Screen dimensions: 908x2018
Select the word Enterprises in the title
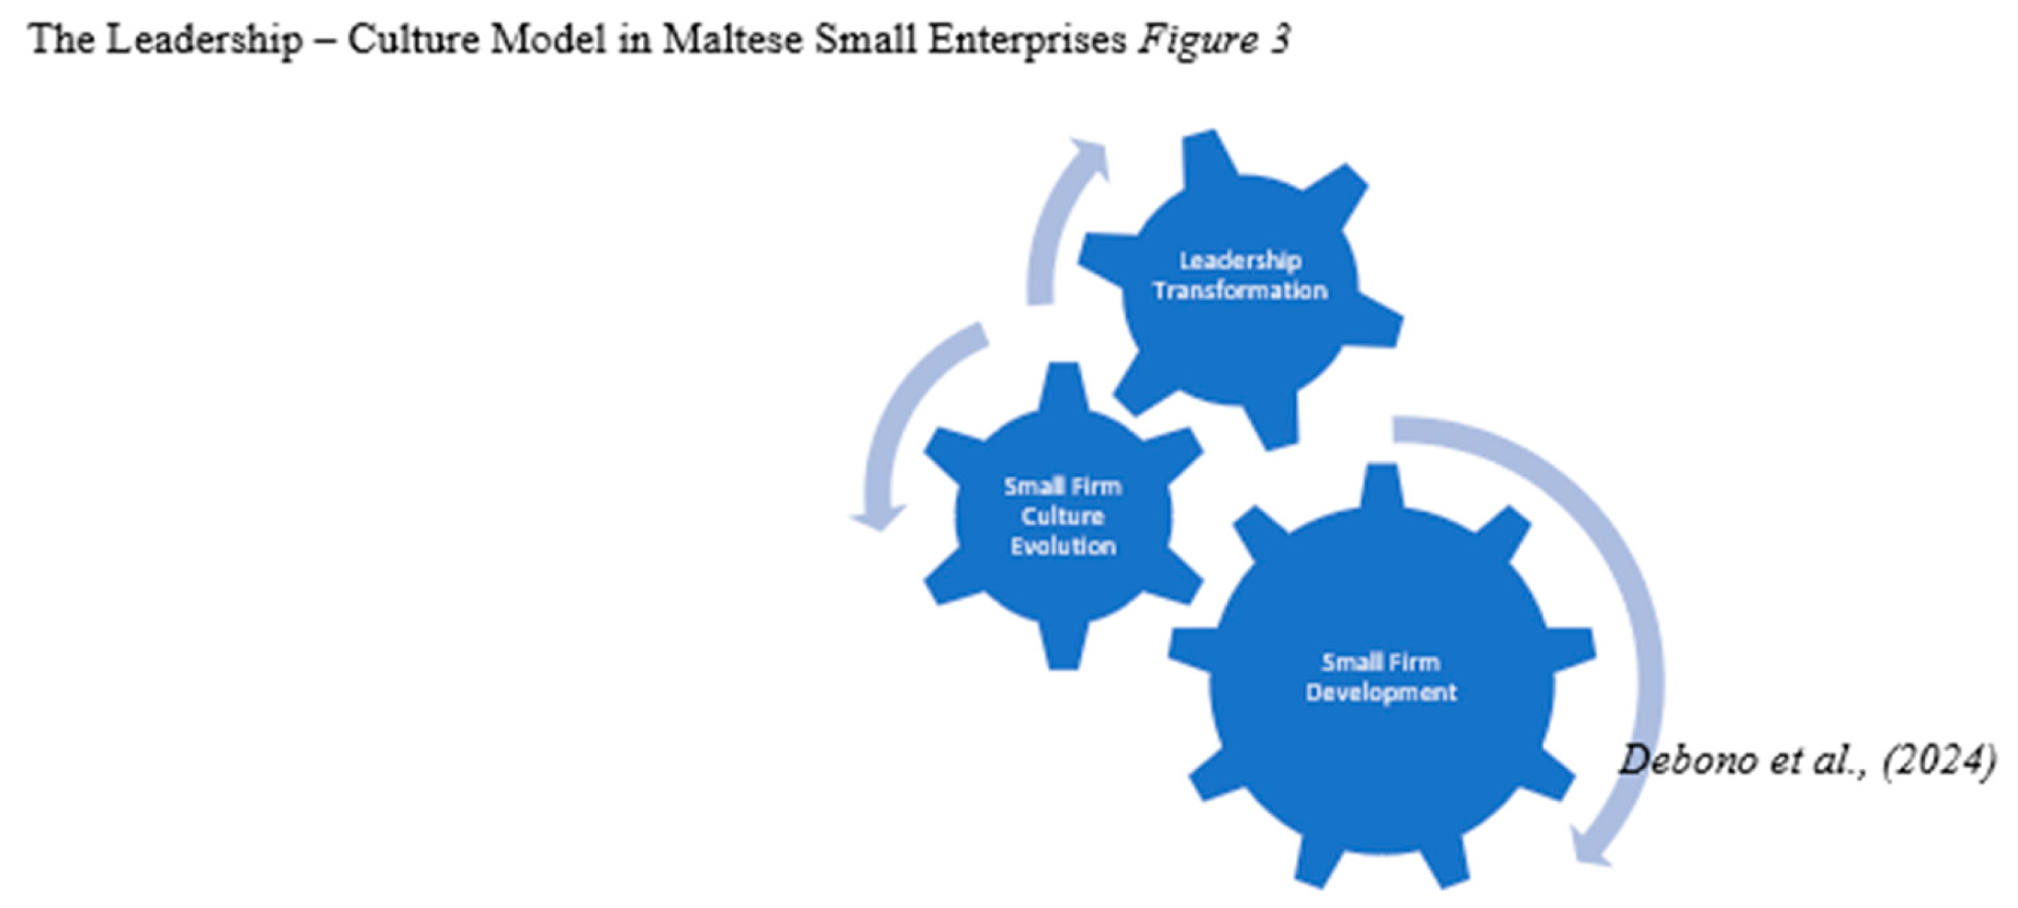coord(1026,39)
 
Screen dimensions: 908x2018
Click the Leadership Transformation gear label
coord(1240,275)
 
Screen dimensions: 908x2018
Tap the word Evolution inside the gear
coord(1063,546)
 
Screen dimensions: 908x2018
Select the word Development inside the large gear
coord(1381,692)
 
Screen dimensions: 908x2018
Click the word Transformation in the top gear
coord(1240,290)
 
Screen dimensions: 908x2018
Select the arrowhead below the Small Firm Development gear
coord(1590,850)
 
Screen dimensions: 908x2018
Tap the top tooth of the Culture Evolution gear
coord(1063,384)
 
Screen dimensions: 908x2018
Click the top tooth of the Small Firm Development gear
coord(1381,486)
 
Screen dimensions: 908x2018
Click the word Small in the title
coord(865,39)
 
